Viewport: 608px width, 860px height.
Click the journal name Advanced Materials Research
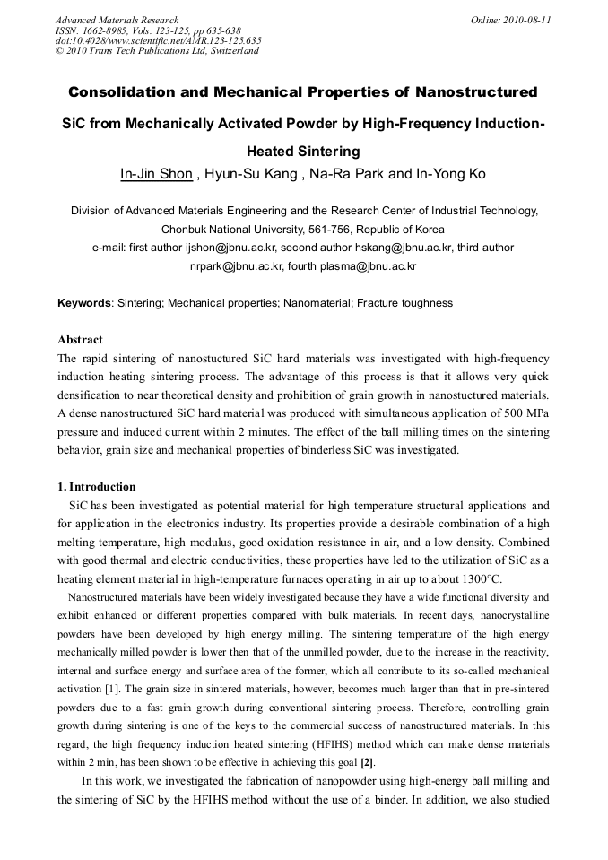point(117,20)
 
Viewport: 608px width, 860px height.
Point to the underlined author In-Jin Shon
point(156,174)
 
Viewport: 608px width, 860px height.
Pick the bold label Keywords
point(83,303)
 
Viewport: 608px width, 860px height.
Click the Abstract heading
point(80,340)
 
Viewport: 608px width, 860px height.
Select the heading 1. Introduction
point(97,487)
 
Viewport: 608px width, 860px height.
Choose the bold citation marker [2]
point(367,762)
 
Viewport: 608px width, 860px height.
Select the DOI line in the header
point(159,40)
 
